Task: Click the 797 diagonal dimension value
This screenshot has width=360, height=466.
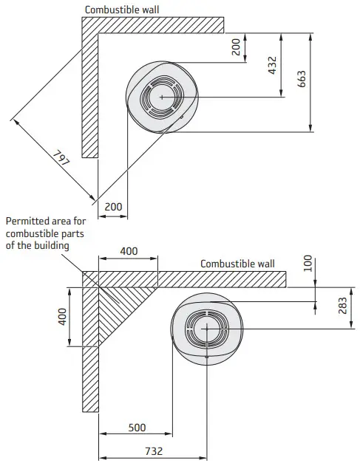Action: click(x=61, y=158)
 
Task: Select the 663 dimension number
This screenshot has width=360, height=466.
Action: click(x=302, y=79)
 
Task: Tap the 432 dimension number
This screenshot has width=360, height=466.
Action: click(x=272, y=65)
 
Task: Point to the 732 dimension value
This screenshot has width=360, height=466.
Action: click(x=154, y=451)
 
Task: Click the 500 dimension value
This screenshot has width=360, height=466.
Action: click(x=137, y=428)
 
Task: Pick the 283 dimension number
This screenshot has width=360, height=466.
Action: click(x=342, y=306)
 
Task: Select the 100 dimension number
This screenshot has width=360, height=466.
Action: click(x=308, y=264)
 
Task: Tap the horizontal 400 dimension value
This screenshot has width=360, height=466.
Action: click(x=129, y=251)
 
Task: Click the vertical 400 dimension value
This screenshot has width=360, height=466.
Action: click(x=62, y=317)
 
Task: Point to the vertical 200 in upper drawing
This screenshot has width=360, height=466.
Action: click(x=236, y=47)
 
